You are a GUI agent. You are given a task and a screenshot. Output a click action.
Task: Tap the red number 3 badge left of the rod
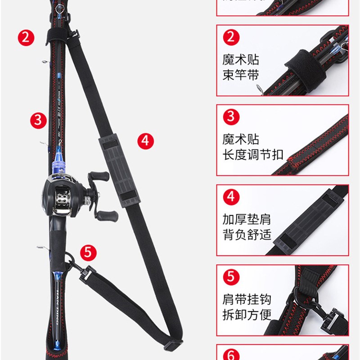pyautogui.click(x=39, y=120)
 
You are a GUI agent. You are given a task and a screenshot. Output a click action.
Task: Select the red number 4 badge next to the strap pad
pyautogui.click(x=145, y=140)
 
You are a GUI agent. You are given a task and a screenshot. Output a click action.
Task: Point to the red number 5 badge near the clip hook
pyautogui.click(x=88, y=252)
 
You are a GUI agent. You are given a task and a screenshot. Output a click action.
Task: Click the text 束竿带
pyautogui.click(x=240, y=75)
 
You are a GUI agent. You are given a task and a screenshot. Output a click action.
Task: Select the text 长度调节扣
pyautogui.click(x=252, y=154)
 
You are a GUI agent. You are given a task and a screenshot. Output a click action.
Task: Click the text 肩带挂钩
pyautogui.click(x=246, y=299)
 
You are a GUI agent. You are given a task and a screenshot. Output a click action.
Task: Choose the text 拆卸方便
pyautogui.click(x=246, y=314)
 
